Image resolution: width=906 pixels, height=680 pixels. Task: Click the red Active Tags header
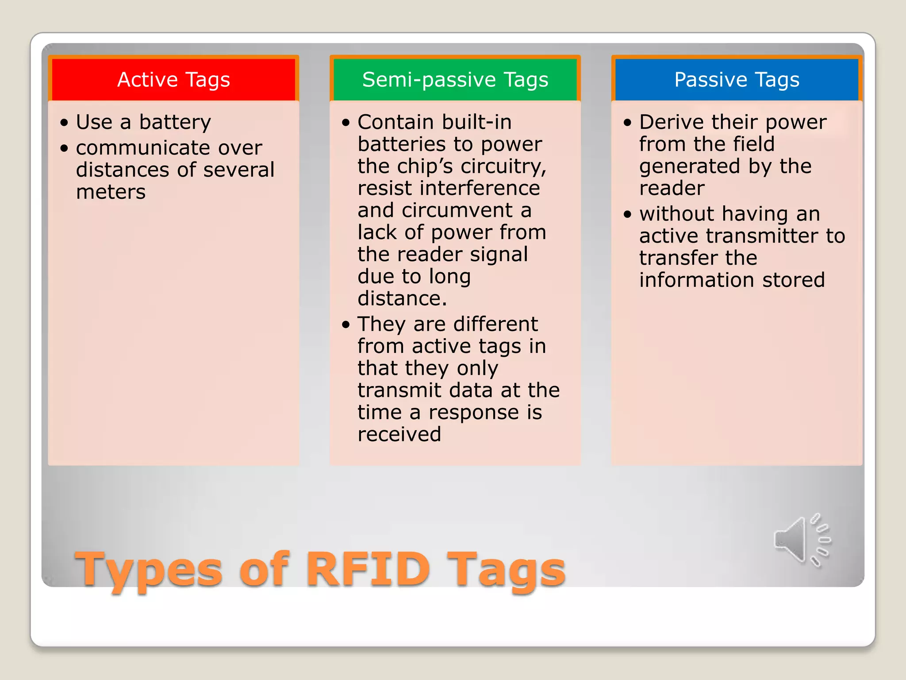click(x=173, y=80)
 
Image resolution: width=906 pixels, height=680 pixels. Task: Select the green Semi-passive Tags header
click(x=455, y=80)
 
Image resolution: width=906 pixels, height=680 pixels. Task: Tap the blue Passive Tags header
click(x=737, y=80)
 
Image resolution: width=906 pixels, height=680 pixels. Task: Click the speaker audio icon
click(x=802, y=540)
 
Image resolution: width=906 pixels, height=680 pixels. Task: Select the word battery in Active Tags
click(x=175, y=122)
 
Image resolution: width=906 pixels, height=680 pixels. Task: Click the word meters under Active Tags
click(x=111, y=192)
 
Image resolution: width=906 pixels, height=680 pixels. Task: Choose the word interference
click(x=480, y=188)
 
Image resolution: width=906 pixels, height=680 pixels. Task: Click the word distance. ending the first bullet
click(x=402, y=298)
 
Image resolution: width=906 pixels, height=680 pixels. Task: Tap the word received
click(x=399, y=434)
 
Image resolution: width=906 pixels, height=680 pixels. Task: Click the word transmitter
click(x=762, y=236)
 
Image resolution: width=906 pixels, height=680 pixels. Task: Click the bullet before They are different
click(x=346, y=325)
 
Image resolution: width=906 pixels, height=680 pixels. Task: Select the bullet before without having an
click(x=628, y=215)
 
